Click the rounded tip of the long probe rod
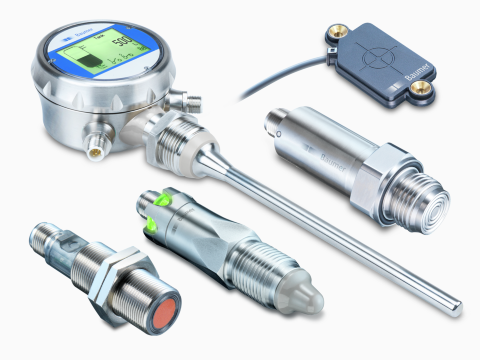(457, 300)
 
